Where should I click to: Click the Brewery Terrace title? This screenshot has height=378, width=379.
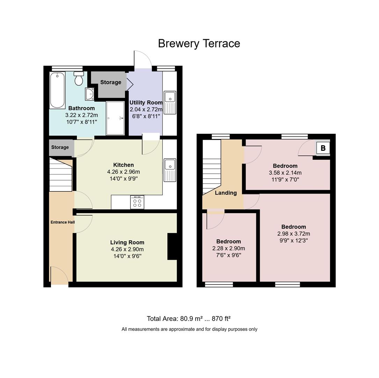click(x=199, y=44)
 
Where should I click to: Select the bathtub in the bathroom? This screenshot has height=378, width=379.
click(x=57, y=90)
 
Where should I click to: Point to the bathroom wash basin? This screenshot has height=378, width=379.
click(x=89, y=94)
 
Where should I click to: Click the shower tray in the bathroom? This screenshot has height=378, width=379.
click(x=115, y=118)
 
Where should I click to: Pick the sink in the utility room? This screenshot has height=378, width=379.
click(x=170, y=103)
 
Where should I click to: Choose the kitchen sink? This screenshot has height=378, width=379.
click(x=170, y=170)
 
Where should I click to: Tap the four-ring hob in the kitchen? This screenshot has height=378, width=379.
click(x=137, y=202)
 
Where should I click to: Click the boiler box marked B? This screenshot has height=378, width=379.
click(x=323, y=148)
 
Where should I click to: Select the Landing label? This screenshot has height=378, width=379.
click(x=226, y=193)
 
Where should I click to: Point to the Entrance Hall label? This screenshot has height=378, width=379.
click(x=63, y=222)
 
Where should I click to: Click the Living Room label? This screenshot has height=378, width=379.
click(x=127, y=243)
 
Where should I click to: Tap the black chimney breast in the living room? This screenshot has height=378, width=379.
click(x=172, y=246)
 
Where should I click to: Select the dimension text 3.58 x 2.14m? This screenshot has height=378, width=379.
click(x=285, y=173)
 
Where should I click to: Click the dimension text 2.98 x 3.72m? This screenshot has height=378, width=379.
click(x=294, y=234)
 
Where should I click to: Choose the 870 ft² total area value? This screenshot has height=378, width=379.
click(x=221, y=318)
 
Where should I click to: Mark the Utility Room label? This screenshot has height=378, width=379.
click(x=146, y=103)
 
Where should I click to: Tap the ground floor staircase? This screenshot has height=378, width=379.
click(x=61, y=175)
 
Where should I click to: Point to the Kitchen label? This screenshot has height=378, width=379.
click(x=124, y=165)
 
